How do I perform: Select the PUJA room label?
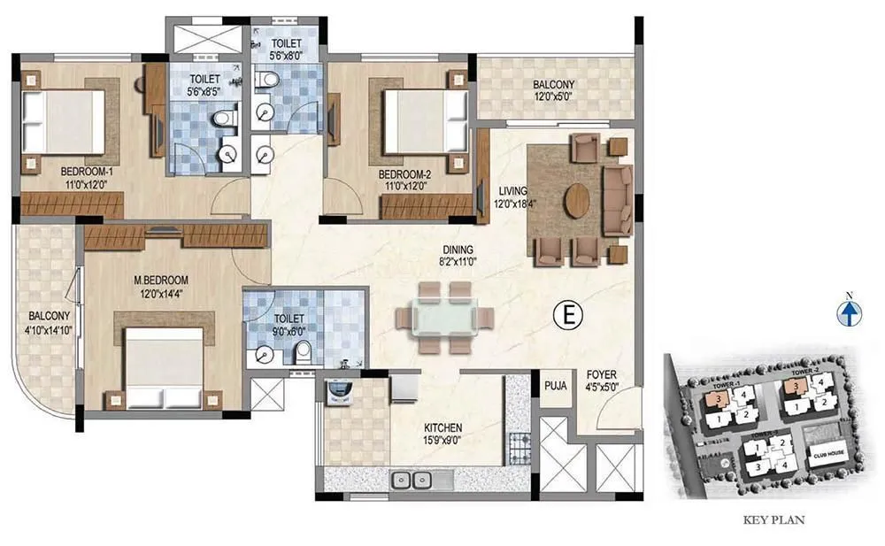tap(556, 385)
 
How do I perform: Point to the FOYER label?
tap(600, 375)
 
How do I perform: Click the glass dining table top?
tap(435, 316)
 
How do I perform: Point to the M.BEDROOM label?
tap(161, 281)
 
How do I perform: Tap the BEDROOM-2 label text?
tap(403, 173)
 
